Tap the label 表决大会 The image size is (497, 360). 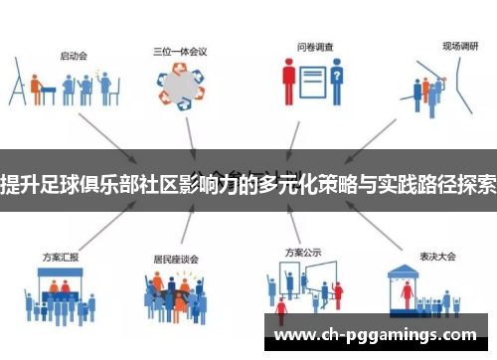point(434,229)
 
